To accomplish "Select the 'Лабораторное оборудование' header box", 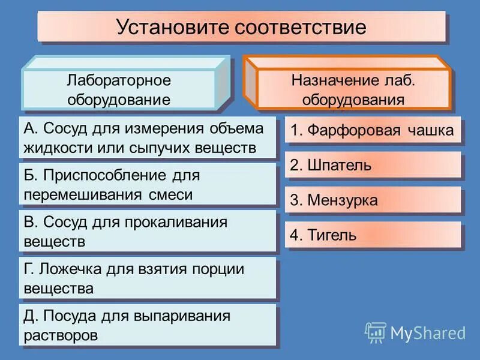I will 119,90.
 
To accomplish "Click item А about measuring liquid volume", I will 147,138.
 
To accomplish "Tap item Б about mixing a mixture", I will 147,185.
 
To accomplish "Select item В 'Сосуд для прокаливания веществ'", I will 147,232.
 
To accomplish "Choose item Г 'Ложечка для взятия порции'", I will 147,278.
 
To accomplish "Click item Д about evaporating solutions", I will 147,325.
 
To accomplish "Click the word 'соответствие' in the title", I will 300,27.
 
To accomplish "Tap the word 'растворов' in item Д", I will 60,334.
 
